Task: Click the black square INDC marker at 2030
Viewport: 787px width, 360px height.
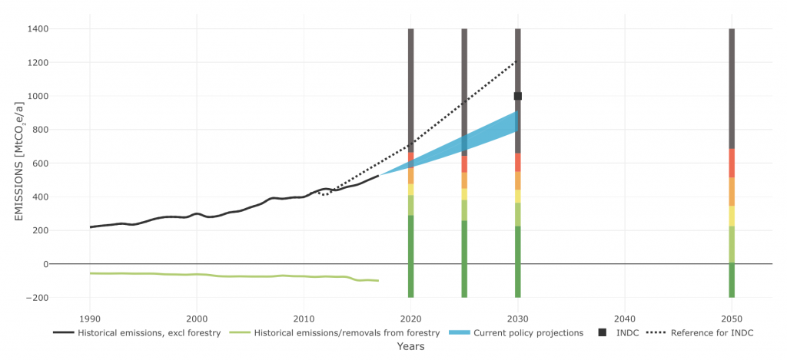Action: click(518, 96)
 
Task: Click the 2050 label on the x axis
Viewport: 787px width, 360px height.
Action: click(732, 319)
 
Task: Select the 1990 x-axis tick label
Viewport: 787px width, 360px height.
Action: click(90, 319)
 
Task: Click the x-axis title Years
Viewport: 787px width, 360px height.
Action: click(410, 347)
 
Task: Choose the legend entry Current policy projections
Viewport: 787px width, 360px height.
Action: click(528, 333)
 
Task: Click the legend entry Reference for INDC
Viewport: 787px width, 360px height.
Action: click(710, 333)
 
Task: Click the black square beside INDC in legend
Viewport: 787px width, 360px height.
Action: click(603, 332)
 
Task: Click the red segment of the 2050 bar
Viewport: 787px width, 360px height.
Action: click(732, 163)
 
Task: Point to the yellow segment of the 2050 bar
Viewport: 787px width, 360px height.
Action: click(732, 216)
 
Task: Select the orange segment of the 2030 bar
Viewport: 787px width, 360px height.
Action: click(518, 180)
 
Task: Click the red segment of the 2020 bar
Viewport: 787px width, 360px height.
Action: click(411, 157)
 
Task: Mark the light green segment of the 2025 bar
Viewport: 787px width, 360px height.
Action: click(464, 210)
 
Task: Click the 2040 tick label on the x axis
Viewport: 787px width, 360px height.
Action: click(625, 319)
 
